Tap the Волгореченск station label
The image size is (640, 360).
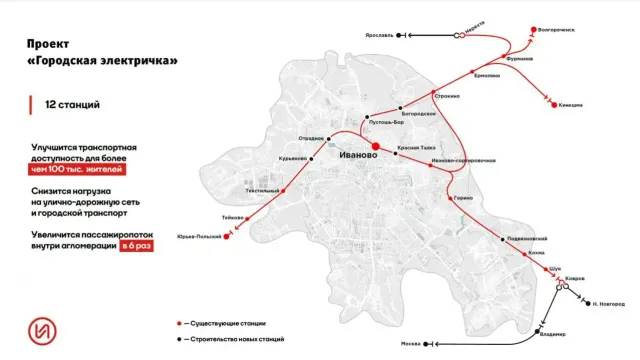(x=557, y=29)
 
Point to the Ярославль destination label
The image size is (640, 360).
(x=376, y=34)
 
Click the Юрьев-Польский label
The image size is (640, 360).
(x=198, y=238)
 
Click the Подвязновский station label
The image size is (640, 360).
(x=527, y=239)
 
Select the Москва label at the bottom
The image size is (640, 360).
(x=410, y=344)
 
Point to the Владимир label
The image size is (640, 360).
(x=552, y=334)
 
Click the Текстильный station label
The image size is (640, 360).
(x=262, y=190)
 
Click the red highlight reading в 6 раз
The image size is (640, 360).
(x=137, y=246)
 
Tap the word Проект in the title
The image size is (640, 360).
(x=49, y=44)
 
